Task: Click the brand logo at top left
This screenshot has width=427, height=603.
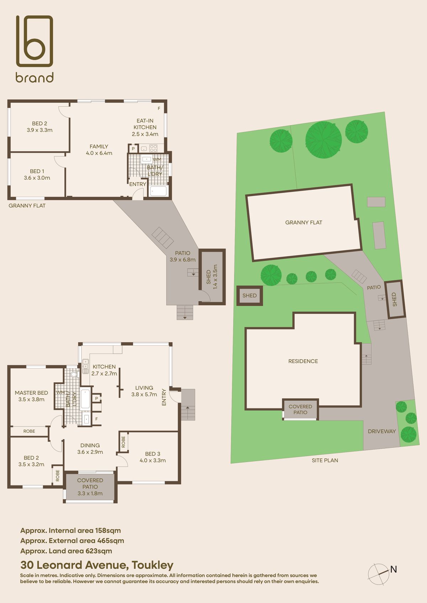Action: (x=35, y=49)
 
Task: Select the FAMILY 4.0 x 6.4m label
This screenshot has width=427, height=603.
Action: (x=99, y=150)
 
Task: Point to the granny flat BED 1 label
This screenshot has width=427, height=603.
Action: (x=37, y=174)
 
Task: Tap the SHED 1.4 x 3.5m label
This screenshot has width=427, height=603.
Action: (x=212, y=277)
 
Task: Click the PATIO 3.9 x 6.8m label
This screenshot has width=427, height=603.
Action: (x=183, y=256)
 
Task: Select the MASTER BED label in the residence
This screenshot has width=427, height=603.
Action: (x=31, y=396)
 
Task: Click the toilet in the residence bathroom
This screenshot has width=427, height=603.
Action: (x=74, y=375)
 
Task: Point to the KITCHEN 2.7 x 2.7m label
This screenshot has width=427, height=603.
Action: (x=104, y=370)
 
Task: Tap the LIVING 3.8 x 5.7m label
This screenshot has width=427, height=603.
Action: (x=144, y=391)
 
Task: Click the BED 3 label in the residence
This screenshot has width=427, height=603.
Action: (x=153, y=457)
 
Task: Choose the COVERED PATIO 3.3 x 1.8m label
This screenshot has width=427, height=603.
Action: (x=90, y=486)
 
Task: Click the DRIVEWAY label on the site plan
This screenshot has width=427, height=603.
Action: (x=381, y=431)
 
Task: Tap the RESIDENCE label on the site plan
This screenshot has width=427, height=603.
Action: (x=303, y=361)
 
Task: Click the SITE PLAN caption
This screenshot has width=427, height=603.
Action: (x=325, y=460)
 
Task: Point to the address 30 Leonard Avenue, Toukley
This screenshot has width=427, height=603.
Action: (x=97, y=565)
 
